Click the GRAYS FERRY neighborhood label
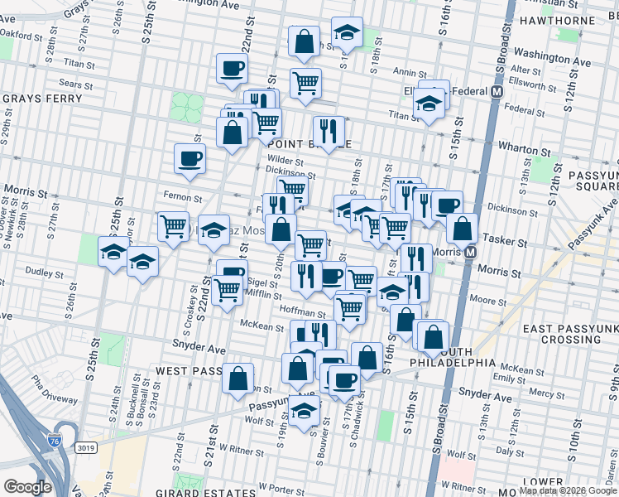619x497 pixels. coord(42,99)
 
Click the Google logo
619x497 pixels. coord(27,487)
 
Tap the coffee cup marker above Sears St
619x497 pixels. coord(232,69)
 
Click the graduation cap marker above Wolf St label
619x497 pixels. coord(305,409)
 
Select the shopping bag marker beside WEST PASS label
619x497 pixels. coord(238,378)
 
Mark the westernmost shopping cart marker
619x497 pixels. coord(173,225)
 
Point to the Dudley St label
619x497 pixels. coord(39,271)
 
